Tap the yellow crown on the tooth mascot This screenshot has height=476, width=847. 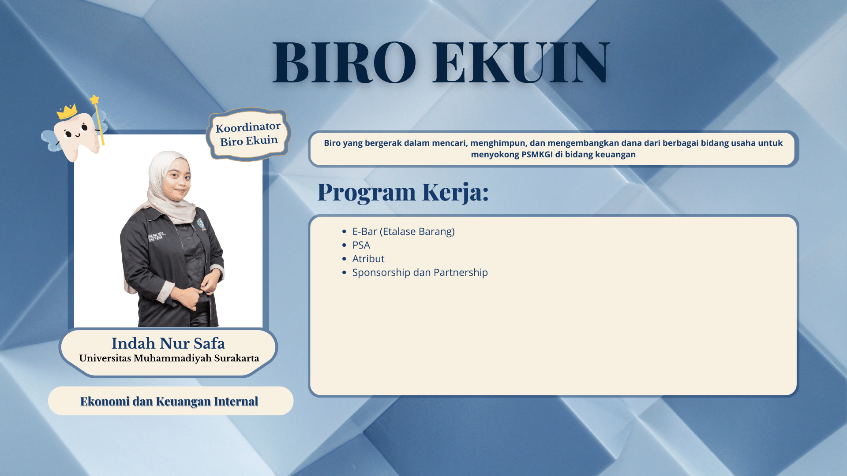[67, 112]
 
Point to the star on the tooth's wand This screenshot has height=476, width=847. [94, 99]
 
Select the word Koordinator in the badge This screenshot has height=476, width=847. [248, 127]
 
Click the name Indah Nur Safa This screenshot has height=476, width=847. [168, 343]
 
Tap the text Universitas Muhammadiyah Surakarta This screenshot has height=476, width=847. [169, 358]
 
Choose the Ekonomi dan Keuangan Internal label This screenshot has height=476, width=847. [169, 401]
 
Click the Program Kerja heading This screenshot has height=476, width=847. [403, 192]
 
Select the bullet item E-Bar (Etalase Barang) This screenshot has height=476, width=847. [403, 231]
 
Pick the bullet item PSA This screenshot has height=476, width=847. [361, 245]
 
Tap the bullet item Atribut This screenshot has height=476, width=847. [368, 259]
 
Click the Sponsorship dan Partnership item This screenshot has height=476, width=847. [420, 272]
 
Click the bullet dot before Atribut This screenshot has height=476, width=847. [345, 259]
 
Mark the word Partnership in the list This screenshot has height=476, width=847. [461, 272]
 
